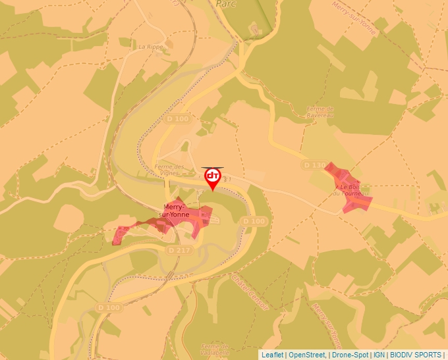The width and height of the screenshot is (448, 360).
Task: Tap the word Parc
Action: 226,3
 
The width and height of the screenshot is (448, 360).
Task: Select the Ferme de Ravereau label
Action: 321,112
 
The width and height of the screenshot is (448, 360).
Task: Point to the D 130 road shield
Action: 315,164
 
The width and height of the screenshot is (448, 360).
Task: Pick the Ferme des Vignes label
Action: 170,170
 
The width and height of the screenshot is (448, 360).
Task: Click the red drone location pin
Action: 213,178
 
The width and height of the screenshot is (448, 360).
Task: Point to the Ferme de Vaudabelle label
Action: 215,349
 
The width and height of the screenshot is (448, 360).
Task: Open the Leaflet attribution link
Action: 273,355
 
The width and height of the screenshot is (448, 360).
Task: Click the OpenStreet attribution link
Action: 307,355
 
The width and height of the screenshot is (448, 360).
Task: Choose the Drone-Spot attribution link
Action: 350,355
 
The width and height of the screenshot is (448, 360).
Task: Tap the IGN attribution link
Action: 379,355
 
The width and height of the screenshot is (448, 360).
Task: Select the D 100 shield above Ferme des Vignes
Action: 178,119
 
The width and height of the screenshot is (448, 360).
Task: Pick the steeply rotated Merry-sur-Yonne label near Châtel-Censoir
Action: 327,323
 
